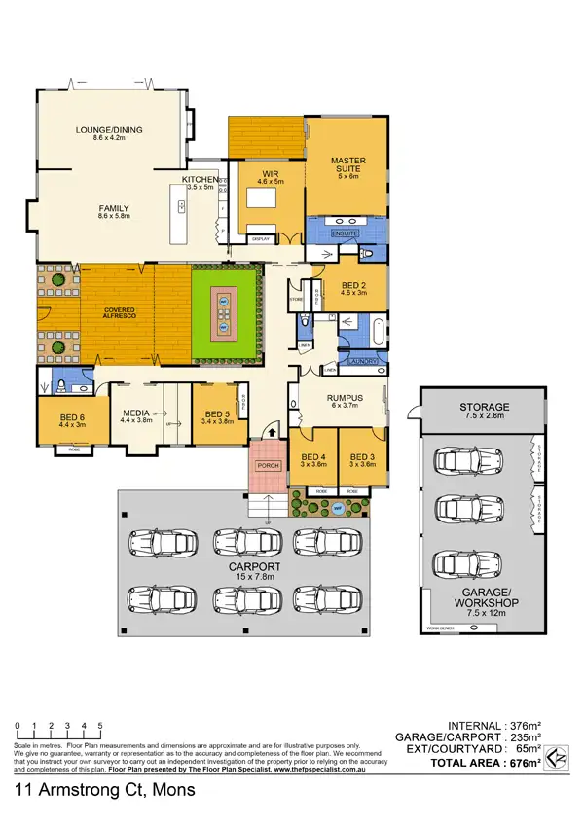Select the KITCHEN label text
pos(200,180)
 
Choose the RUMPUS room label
pos(346,397)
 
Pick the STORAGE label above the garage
pos(484,407)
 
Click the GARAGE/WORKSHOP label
pos(484,597)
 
